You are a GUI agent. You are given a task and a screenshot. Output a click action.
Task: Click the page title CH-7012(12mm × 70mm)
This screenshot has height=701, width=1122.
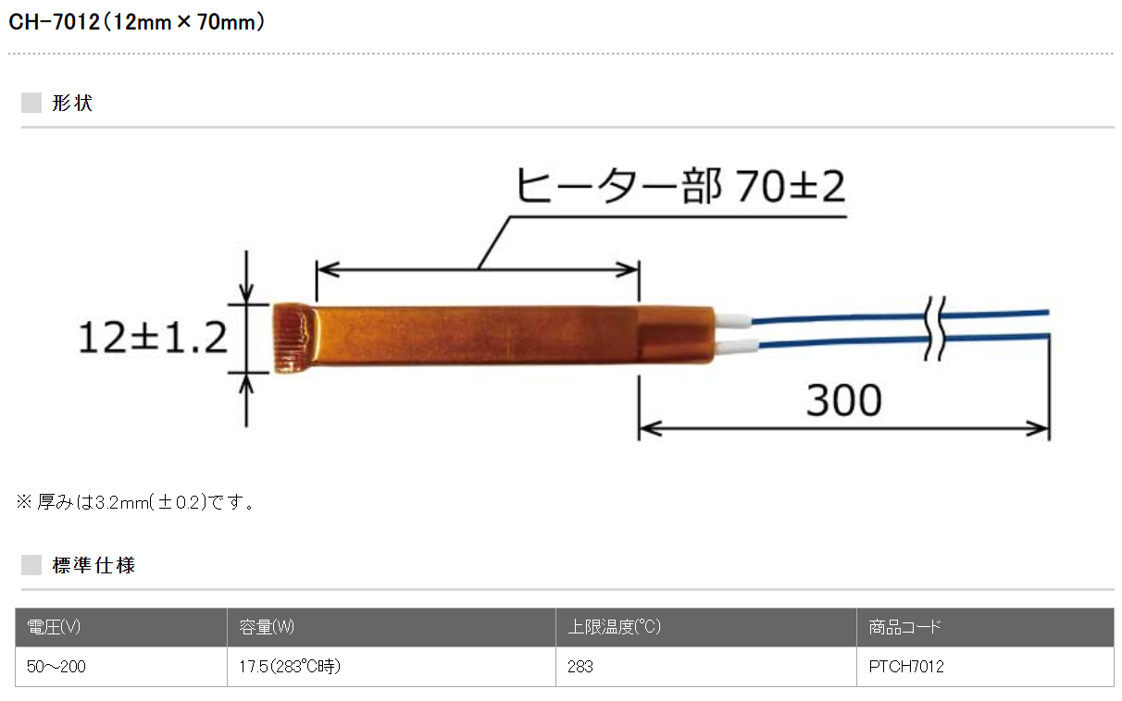pyautogui.click(x=138, y=22)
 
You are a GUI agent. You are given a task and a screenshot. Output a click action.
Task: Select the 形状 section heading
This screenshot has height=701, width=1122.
pyautogui.click(x=72, y=103)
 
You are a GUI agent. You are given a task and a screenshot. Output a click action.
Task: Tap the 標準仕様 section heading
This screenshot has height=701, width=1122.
pyautogui.click(x=93, y=565)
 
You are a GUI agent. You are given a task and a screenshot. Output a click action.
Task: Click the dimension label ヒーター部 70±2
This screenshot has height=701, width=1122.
pyautogui.click(x=679, y=188)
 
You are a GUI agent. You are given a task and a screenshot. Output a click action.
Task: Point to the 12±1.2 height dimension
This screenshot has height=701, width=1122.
pyautogui.click(x=152, y=338)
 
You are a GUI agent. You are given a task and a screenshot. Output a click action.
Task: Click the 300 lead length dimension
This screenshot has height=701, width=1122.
pyautogui.click(x=843, y=401)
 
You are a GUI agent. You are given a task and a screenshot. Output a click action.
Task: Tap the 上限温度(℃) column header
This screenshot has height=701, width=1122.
pyautogui.click(x=614, y=627)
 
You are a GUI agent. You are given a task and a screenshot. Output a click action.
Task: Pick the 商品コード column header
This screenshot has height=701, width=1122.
pyautogui.click(x=904, y=627)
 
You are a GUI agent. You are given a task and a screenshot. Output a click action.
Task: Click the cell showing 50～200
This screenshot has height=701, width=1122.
pyautogui.click(x=56, y=667)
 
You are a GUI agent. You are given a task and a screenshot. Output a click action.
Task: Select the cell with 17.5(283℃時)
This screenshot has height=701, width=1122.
pyautogui.click(x=290, y=667)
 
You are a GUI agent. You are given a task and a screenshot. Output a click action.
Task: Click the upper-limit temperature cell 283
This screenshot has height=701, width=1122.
pyautogui.click(x=580, y=667)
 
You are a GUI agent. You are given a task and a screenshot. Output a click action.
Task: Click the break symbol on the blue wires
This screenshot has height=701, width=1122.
pyautogui.click(x=937, y=329)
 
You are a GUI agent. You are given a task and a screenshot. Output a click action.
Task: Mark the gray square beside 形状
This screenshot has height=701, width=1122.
pyautogui.click(x=31, y=103)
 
